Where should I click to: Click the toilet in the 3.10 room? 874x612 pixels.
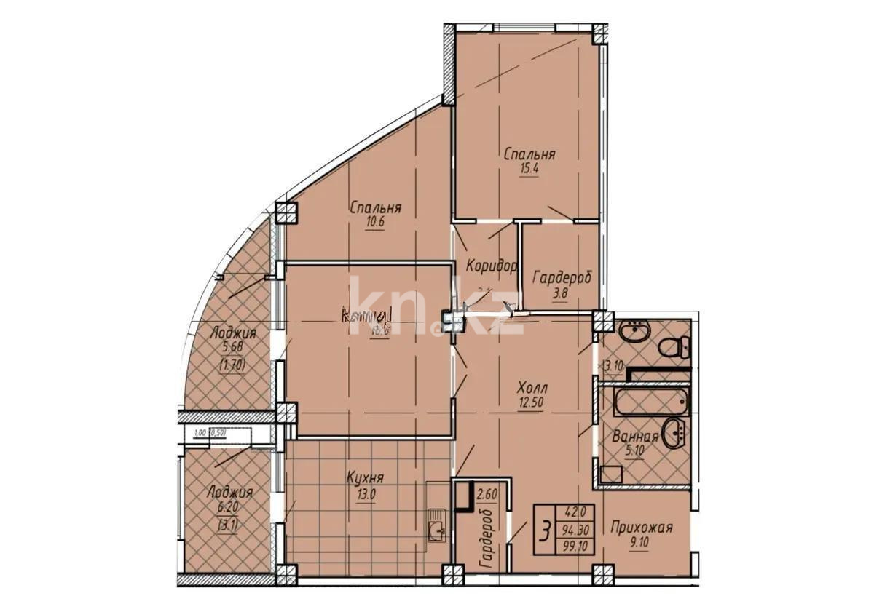click(x=674, y=346)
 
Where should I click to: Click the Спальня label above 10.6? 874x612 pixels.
click(x=375, y=208)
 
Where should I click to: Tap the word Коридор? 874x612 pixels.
click(x=492, y=266)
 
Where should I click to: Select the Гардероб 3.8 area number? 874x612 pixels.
click(x=561, y=294)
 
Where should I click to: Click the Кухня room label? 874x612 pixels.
click(x=365, y=478)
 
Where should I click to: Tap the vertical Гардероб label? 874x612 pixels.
click(x=486, y=539)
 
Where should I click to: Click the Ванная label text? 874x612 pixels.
click(x=640, y=437)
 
